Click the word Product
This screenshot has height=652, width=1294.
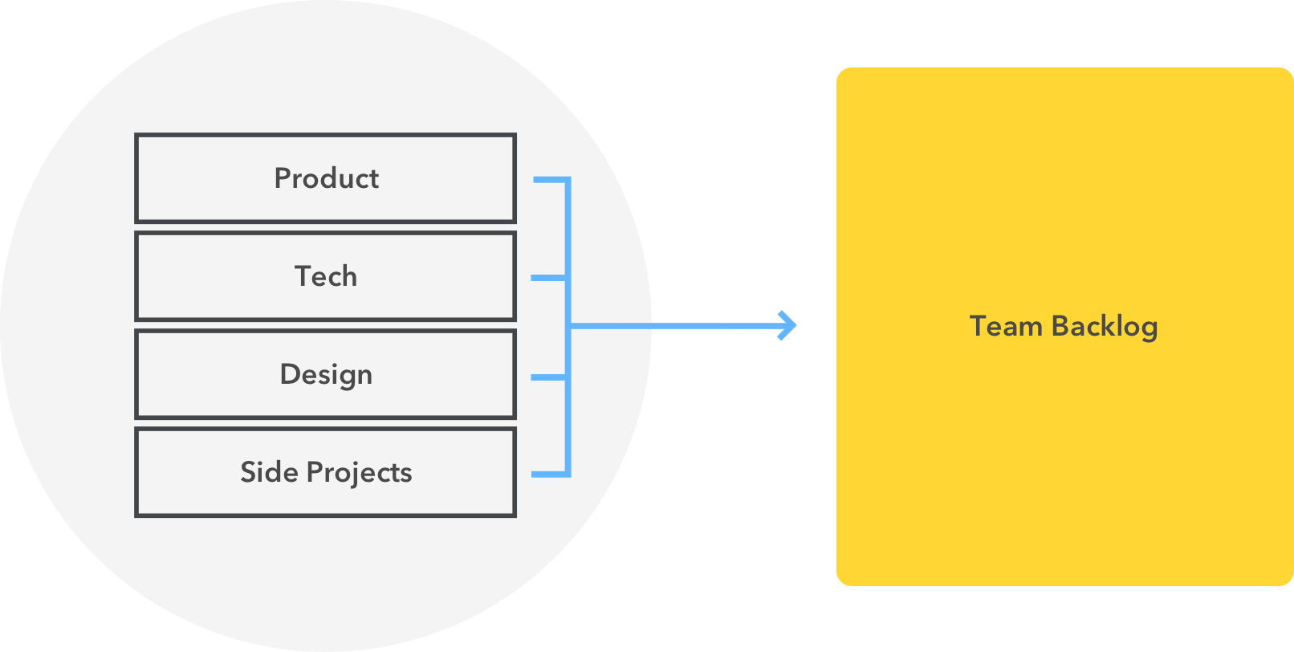click(326, 178)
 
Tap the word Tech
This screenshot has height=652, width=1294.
click(326, 276)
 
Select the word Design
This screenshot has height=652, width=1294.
click(326, 375)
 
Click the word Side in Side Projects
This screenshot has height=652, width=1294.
click(269, 472)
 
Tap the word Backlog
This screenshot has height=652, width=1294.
click(1105, 327)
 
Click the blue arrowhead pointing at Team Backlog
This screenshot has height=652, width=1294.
click(788, 325)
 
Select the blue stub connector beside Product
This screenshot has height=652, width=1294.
click(550, 179)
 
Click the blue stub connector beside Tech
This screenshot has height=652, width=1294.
click(548, 278)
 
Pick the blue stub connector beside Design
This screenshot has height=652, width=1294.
click(548, 377)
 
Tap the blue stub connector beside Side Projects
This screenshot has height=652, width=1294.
click(549, 475)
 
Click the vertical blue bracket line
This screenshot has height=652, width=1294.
click(568, 241)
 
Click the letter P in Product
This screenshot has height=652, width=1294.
click(282, 178)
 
